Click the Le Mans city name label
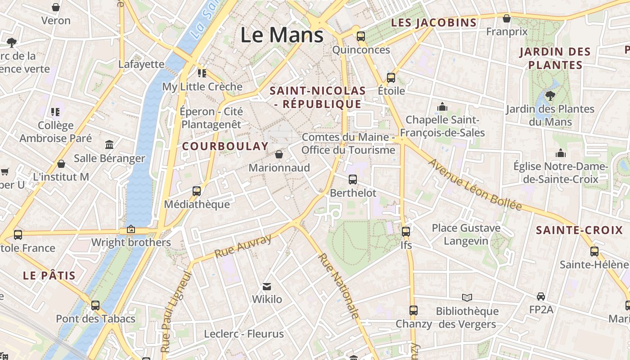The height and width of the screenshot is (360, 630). pos(282,35)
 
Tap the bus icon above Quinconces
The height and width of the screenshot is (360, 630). pos(361,36)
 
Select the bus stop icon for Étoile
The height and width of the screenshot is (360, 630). pos(391,77)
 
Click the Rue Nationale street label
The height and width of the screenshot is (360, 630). pos(339,286)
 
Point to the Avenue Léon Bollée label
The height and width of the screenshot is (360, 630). pos(475,185)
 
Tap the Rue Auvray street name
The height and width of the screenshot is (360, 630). pos(243,246)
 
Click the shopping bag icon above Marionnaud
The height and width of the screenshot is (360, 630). pos(279,154)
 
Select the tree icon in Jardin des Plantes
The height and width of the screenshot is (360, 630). pos(549,95)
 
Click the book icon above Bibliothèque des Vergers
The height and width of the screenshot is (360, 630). pos(467,297)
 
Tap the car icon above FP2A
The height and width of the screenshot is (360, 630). pos(540,297)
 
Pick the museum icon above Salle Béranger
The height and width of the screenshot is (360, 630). pos(109,144)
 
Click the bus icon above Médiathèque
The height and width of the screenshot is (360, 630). pos(197,191)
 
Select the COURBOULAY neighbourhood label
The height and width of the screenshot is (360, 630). pos(225,146)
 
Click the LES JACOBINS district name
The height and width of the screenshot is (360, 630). pos(434,22)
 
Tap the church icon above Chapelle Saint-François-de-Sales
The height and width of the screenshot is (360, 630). pos(442,107)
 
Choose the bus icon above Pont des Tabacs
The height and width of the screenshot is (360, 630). pos(95,305)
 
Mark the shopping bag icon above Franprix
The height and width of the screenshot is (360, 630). pos(507,18)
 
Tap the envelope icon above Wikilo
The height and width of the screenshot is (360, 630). pos(267,286)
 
